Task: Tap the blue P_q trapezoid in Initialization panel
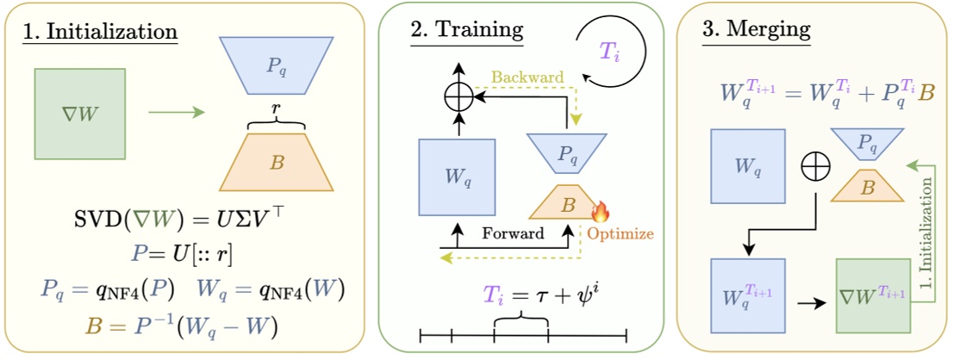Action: (277, 64)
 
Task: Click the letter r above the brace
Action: (277, 109)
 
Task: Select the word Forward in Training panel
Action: (513, 233)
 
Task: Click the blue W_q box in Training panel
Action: (456, 177)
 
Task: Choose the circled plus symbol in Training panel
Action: (458, 99)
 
